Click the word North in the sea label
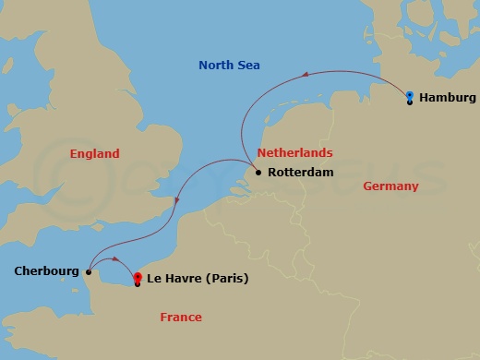(x=217, y=66)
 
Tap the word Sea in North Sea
(x=248, y=66)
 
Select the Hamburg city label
(x=447, y=97)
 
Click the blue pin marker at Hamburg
(x=410, y=94)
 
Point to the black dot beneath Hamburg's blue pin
(x=410, y=102)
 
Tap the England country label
(x=94, y=153)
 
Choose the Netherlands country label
(x=294, y=152)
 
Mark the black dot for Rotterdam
(x=258, y=172)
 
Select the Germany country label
(x=390, y=186)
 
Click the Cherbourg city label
(x=46, y=271)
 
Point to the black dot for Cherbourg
(x=88, y=271)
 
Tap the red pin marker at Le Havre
(x=138, y=276)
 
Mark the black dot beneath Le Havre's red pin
(x=138, y=283)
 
